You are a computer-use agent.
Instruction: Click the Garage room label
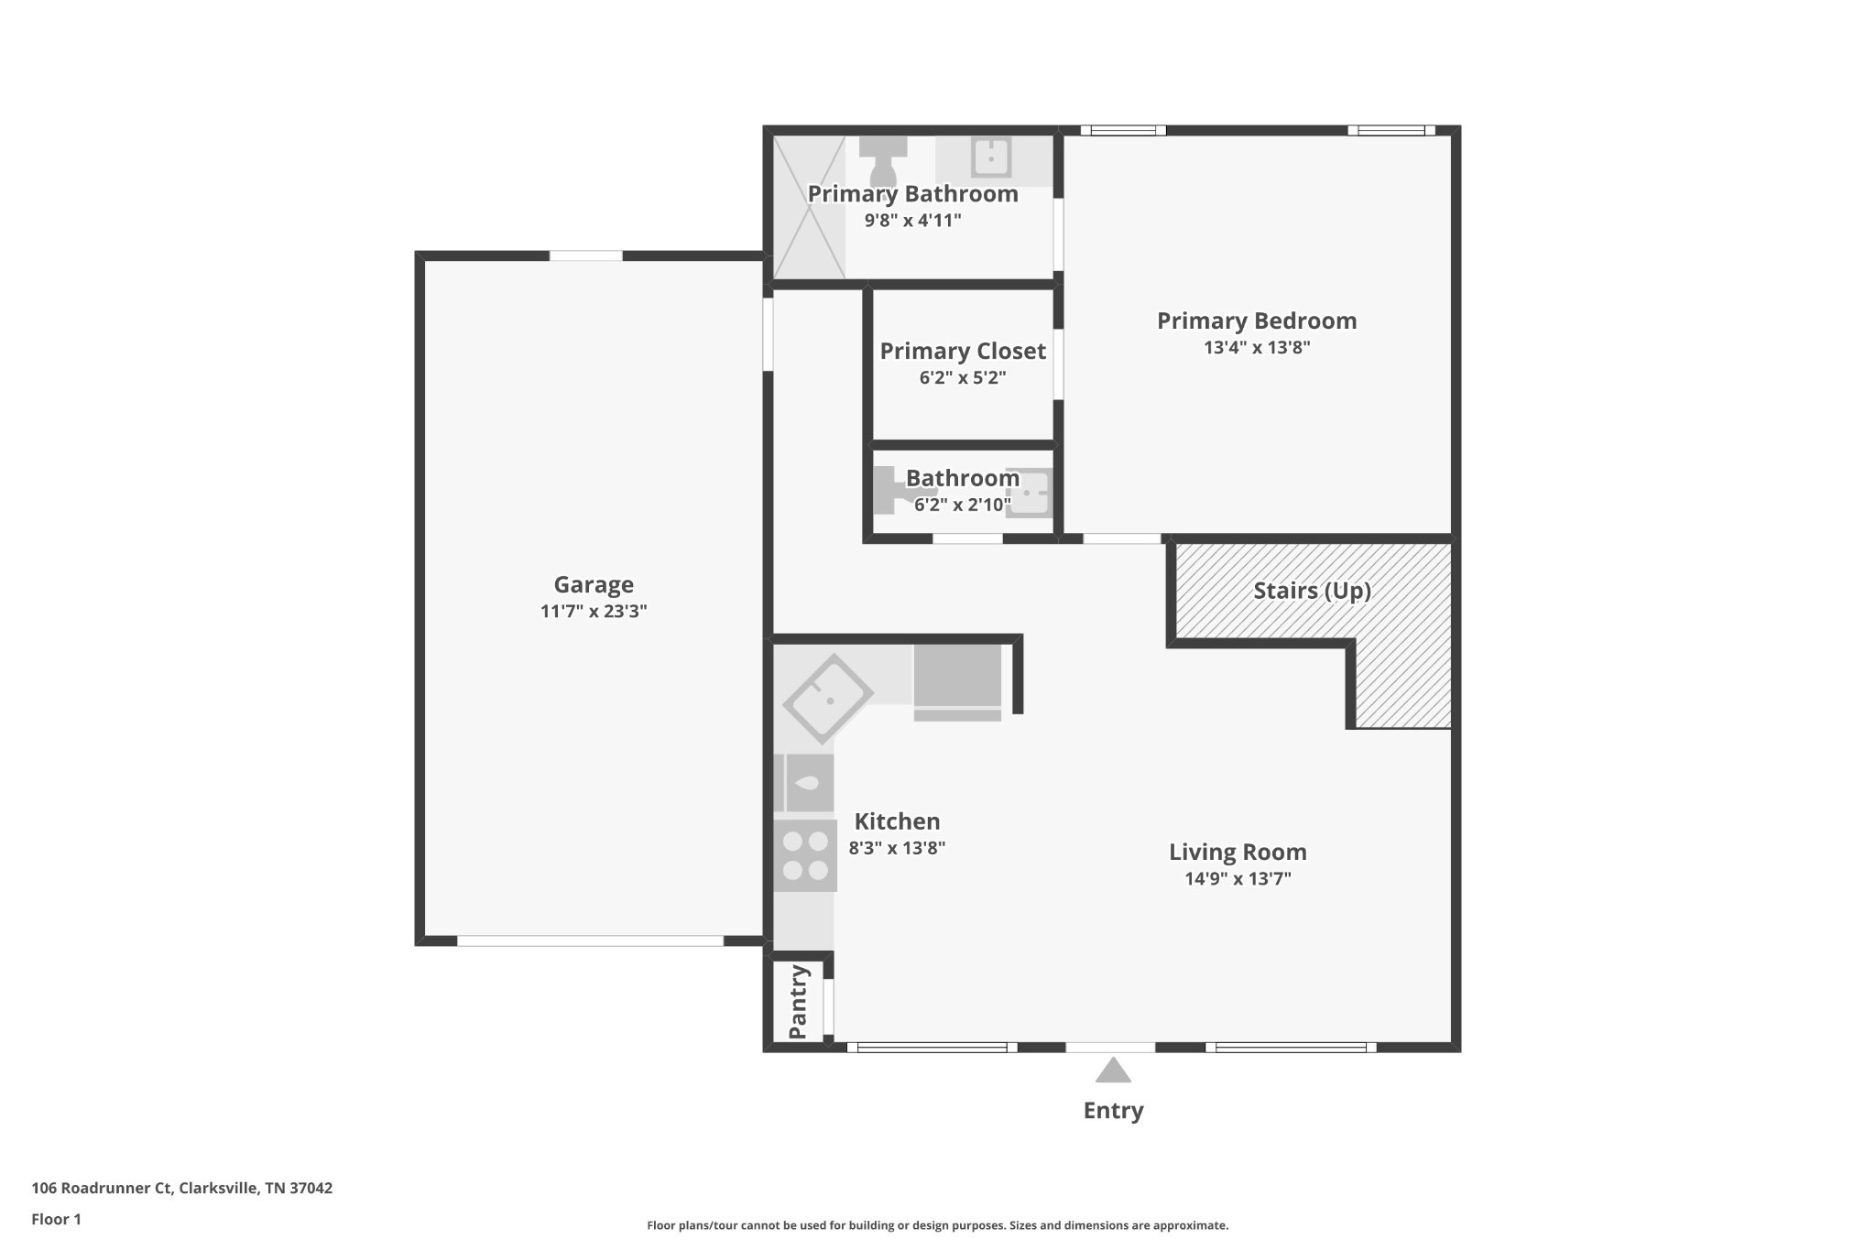tap(594, 584)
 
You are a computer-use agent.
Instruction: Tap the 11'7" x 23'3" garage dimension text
tap(594, 612)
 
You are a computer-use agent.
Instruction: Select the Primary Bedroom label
tap(1257, 321)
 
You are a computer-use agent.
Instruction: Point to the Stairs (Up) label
tap(1312, 591)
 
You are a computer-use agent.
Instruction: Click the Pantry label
tap(798, 1002)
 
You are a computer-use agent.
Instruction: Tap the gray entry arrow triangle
tap(1113, 1071)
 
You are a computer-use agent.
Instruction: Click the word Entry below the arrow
tap(1113, 1111)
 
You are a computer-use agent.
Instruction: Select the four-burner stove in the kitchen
tap(805, 855)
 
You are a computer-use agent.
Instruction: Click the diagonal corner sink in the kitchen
tap(828, 699)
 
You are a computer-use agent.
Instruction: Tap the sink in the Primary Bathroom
tap(990, 158)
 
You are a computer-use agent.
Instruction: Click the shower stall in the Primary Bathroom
tap(809, 207)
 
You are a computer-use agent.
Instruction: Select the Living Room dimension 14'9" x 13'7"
tap(1238, 879)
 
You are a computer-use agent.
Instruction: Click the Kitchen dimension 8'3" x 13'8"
tap(897, 848)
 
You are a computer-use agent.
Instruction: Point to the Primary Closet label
tap(963, 351)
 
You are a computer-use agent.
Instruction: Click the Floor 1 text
tap(56, 1219)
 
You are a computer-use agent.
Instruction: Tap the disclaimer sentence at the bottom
tap(937, 1225)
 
